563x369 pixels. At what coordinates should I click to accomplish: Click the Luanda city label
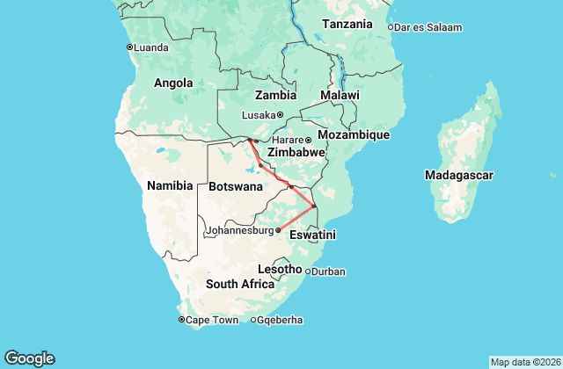click(151, 47)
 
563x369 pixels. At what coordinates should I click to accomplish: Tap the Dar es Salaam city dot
click(391, 27)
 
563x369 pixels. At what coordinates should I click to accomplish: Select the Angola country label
click(173, 83)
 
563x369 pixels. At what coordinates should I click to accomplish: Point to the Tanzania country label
click(347, 25)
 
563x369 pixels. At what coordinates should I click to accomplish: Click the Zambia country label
click(275, 95)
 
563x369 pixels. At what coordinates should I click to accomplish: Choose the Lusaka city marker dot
click(280, 115)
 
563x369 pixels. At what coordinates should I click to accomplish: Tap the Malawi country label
click(340, 95)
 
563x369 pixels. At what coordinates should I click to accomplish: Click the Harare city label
click(287, 140)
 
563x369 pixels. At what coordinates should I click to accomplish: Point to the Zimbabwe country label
click(296, 152)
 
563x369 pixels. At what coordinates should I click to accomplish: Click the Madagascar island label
click(458, 176)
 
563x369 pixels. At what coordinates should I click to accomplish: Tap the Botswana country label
click(236, 186)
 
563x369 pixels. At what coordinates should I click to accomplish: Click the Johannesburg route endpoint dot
click(278, 230)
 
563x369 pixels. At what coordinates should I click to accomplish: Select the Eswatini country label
click(314, 235)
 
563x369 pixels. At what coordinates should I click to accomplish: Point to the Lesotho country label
click(280, 268)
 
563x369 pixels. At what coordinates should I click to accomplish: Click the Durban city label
click(329, 271)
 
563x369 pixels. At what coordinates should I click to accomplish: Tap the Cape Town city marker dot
click(181, 320)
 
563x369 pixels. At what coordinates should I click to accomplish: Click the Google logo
click(29, 358)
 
